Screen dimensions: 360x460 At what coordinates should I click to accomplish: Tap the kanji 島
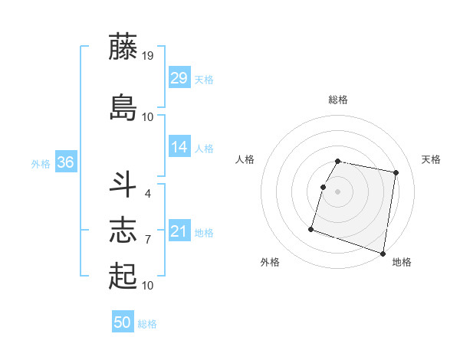(x=123, y=107)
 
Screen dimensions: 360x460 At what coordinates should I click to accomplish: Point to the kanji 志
(x=123, y=230)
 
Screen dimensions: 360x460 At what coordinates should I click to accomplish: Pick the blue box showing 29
(x=179, y=77)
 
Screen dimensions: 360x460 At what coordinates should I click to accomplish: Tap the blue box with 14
(x=179, y=147)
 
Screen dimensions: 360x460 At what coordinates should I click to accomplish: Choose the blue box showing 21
(x=179, y=231)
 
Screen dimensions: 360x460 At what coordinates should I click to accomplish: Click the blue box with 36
(x=65, y=162)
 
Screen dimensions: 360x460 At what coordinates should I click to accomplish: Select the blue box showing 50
(x=123, y=322)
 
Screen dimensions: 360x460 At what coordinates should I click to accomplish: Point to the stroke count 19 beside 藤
(x=148, y=55)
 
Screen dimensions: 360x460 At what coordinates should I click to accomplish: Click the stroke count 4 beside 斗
(x=147, y=193)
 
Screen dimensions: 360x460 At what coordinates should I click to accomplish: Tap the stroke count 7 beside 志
(x=147, y=240)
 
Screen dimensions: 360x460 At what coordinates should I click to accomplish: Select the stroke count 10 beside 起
(x=148, y=286)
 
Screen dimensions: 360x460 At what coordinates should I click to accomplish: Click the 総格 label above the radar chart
(x=338, y=100)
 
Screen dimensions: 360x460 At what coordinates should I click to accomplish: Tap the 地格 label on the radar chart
(x=402, y=263)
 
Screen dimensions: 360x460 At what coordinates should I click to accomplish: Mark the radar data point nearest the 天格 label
(x=396, y=173)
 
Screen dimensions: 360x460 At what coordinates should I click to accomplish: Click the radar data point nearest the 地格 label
(x=383, y=254)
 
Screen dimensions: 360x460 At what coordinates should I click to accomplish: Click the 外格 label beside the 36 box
(x=41, y=163)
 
